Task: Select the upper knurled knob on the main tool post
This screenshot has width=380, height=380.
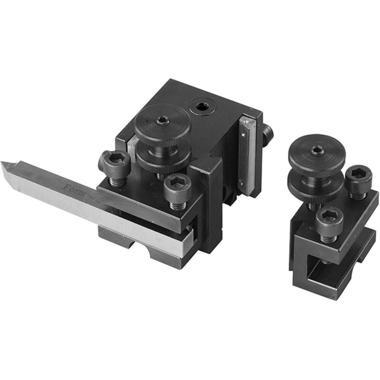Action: pyautogui.click(x=162, y=124)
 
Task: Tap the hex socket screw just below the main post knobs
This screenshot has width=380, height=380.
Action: pyautogui.click(x=177, y=185)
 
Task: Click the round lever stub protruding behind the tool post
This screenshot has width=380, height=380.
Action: pyautogui.click(x=268, y=134)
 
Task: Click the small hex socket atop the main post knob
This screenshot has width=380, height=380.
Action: pyautogui.click(x=162, y=120)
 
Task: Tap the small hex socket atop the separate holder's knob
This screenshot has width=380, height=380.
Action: pyautogui.click(x=318, y=151)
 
